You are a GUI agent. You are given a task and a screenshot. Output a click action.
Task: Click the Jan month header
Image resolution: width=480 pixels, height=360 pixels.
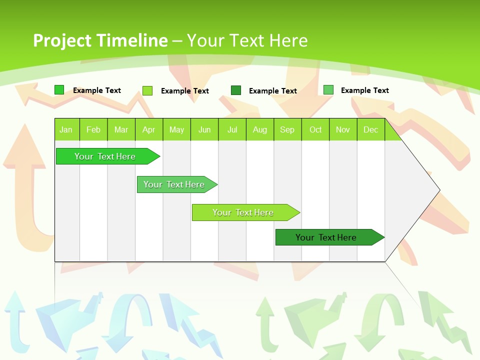(66, 129)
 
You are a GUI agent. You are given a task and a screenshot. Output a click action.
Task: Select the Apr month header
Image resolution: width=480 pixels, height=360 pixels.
(148, 129)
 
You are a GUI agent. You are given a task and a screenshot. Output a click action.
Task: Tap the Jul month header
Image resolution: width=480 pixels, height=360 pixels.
(232, 129)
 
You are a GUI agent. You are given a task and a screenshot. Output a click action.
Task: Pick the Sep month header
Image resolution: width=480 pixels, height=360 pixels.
(287, 129)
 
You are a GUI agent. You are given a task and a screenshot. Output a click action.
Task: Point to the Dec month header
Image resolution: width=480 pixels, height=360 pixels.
(370, 129)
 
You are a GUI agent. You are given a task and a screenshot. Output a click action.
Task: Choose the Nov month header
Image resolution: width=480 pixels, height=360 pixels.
(342, 129)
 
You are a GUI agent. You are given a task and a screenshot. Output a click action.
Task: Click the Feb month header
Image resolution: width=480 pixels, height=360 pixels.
(93, 129)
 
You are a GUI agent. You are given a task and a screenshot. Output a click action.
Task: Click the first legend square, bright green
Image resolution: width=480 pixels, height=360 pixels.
(59, 90)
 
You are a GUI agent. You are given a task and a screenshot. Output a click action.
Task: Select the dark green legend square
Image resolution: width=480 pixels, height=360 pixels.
(236, 90)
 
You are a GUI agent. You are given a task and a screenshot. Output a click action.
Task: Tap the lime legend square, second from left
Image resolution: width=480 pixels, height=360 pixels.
(147, 90)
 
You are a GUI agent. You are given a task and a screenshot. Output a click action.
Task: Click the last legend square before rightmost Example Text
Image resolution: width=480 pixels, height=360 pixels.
(328, 90)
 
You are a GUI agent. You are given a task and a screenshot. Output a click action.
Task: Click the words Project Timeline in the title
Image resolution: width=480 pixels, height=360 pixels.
(100, 40)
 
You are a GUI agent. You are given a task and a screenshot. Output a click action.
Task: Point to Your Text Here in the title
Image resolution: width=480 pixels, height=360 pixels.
(247, 40)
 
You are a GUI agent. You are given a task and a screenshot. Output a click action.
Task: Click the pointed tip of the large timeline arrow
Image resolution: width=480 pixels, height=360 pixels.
(438, 190)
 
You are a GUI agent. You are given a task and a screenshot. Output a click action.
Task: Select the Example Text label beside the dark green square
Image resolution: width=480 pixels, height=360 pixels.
(273, 91)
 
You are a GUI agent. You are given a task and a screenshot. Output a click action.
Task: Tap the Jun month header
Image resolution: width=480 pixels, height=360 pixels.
(204, 129)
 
